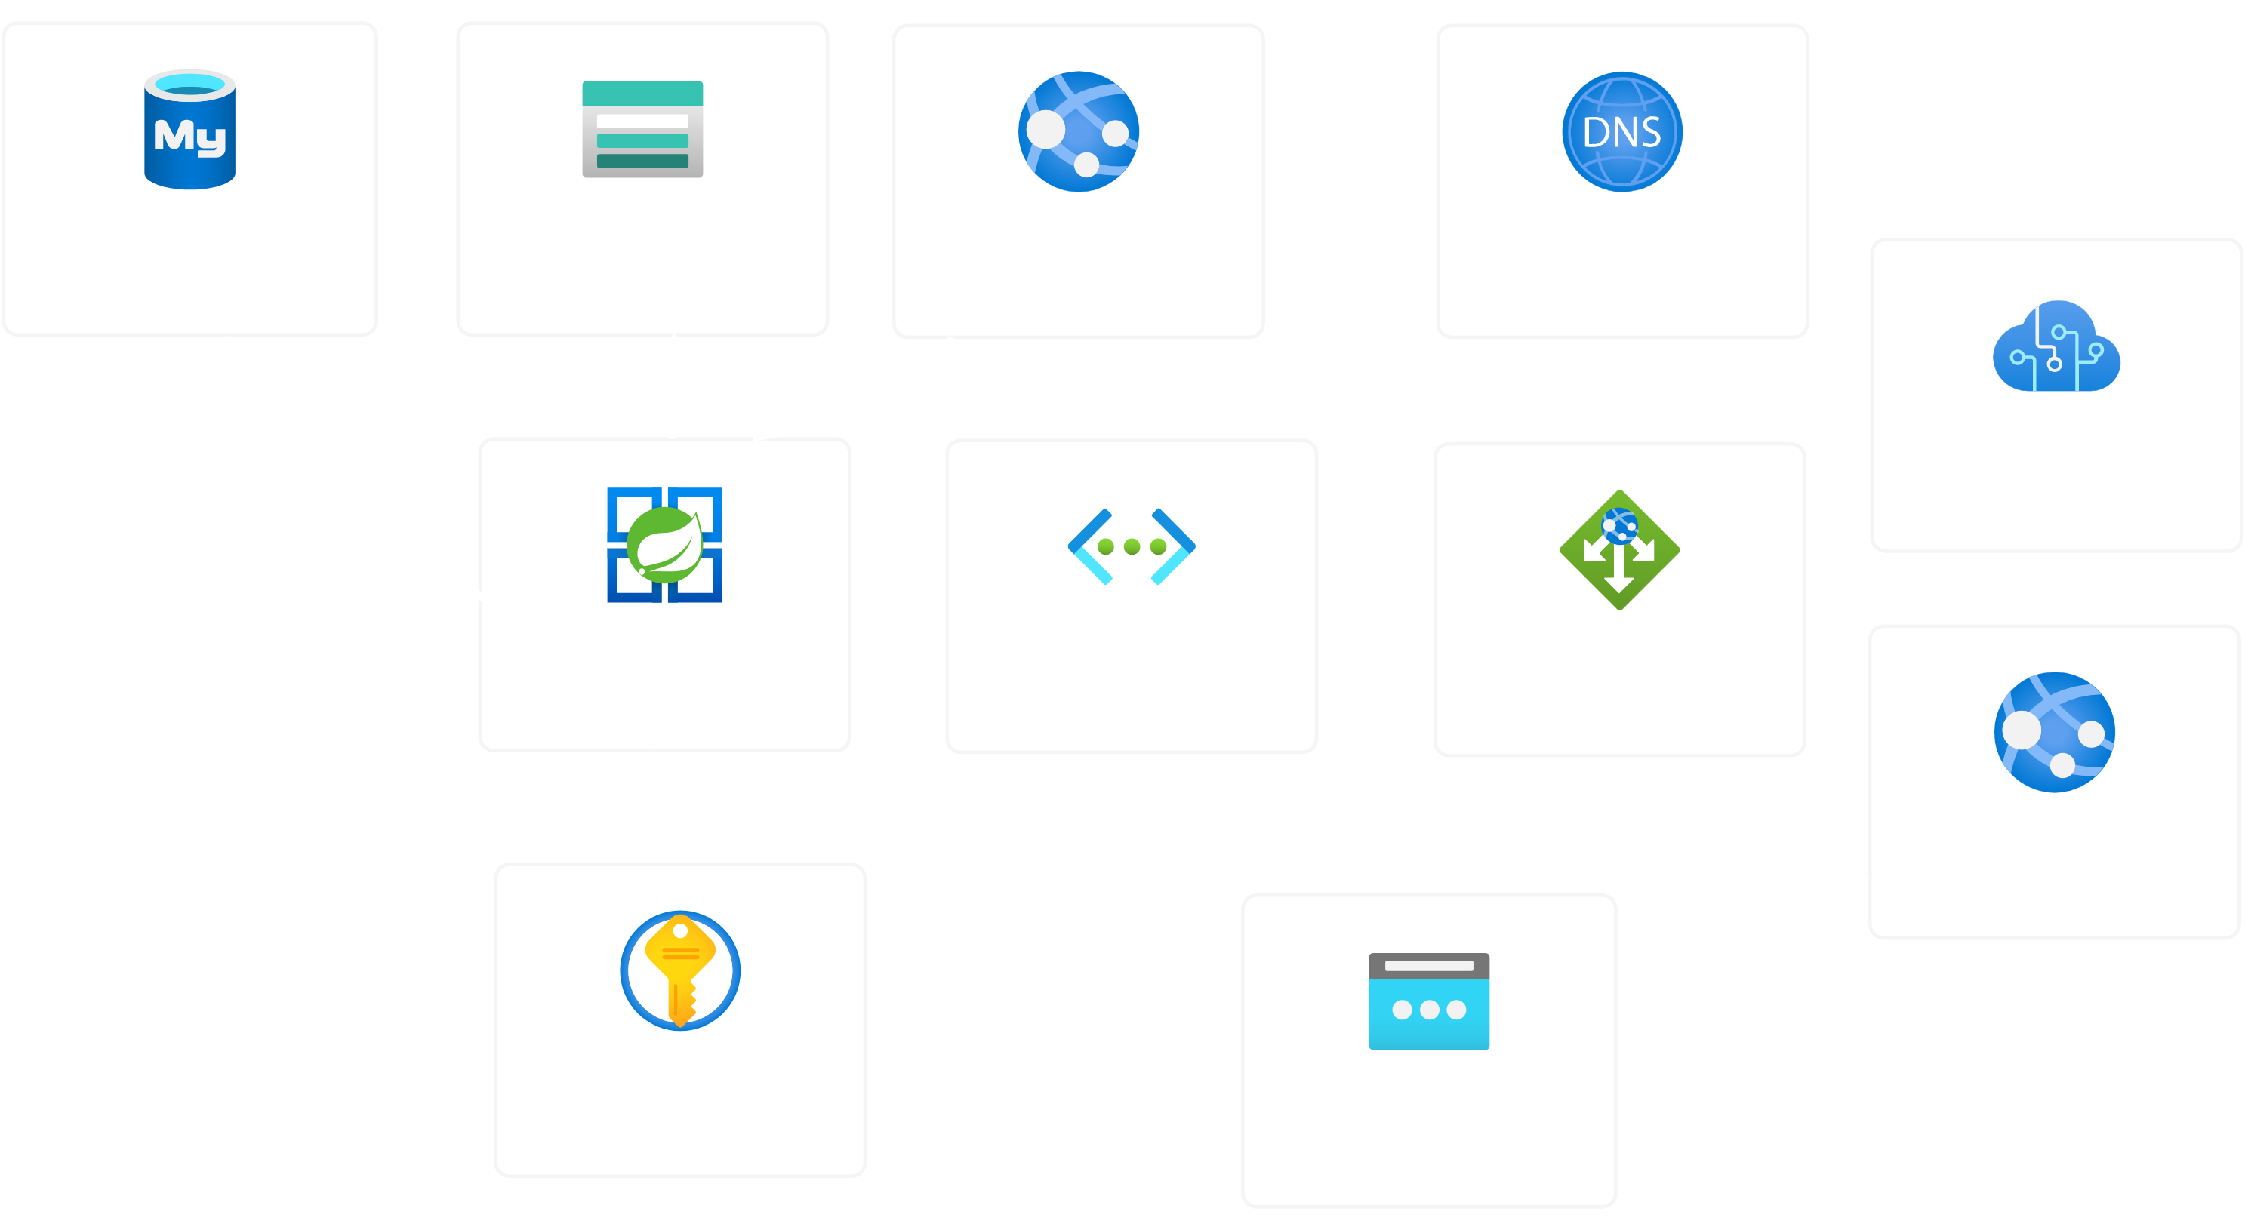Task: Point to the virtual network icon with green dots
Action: click(x=1132, y=546)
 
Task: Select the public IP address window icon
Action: click(x=1428, y=1002)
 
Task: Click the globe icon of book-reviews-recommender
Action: click(x=2054, y=732)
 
